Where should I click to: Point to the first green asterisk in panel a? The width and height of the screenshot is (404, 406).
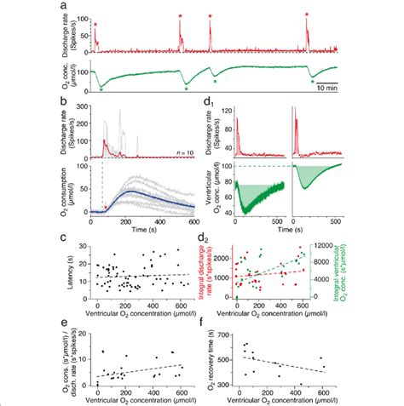101,89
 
